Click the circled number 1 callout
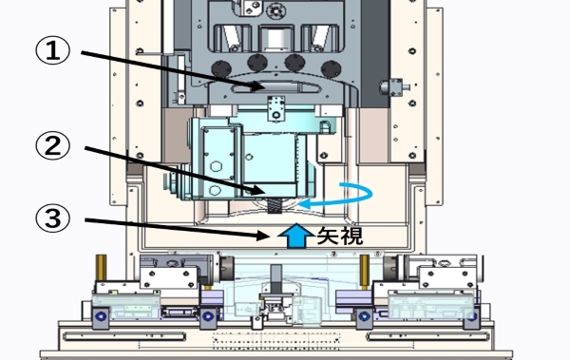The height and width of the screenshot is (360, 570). click(x=52, y=51)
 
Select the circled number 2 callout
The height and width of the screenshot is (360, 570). click(x=52, y=145)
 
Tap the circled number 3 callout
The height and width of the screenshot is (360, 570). click(x=52, y=218)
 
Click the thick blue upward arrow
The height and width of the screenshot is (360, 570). click(x=296, y=236)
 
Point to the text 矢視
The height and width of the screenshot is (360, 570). click(x=340, y=236)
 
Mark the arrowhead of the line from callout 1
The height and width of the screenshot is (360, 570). click(x=258, y=86)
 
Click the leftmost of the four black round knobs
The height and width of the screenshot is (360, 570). click(x=221, y=68)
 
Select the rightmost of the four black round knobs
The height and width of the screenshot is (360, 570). click(x=332, y=69)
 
